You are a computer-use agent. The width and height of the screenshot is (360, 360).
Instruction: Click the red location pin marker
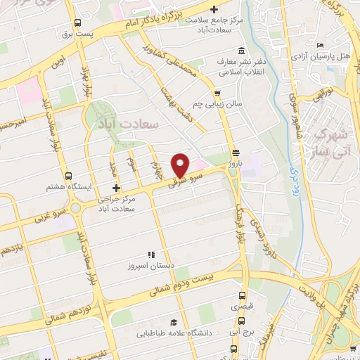click(181, 165)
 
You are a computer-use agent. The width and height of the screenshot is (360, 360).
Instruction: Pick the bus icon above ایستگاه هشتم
click(67, 176)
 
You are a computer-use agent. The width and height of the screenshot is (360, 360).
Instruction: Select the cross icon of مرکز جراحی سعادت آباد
click(117, 188)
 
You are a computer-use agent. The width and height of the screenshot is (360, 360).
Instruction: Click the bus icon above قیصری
click(243, 295)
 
